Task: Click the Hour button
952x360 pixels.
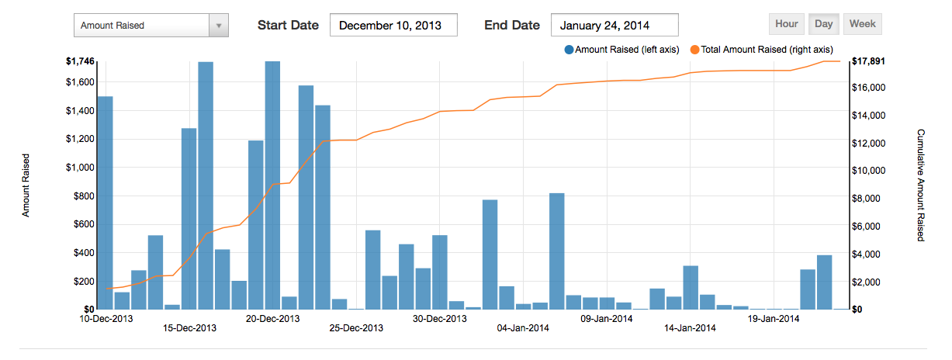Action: point(786,24)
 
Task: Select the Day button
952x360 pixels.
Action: point(823,24)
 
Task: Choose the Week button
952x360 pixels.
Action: point(862,24)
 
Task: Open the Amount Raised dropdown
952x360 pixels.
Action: point(151,26)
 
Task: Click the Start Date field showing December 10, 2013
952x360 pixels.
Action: point(393,25)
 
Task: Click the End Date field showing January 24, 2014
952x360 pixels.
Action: point(614,25)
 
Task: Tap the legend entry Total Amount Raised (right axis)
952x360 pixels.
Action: point(761,50)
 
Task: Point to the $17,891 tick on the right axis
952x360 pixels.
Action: point(869,61)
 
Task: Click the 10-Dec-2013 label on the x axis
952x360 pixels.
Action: point(107,318)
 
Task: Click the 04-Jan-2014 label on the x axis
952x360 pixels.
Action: point(523,328)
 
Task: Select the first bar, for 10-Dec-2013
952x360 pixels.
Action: point(105,202)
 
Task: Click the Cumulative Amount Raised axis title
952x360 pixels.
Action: point(920,185)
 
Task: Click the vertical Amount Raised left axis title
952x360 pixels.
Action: point(26,185)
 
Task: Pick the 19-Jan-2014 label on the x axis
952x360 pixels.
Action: point(773,318)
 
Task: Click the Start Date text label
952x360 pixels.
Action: point(288,25)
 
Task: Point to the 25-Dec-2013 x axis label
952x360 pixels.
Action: point(356,328)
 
